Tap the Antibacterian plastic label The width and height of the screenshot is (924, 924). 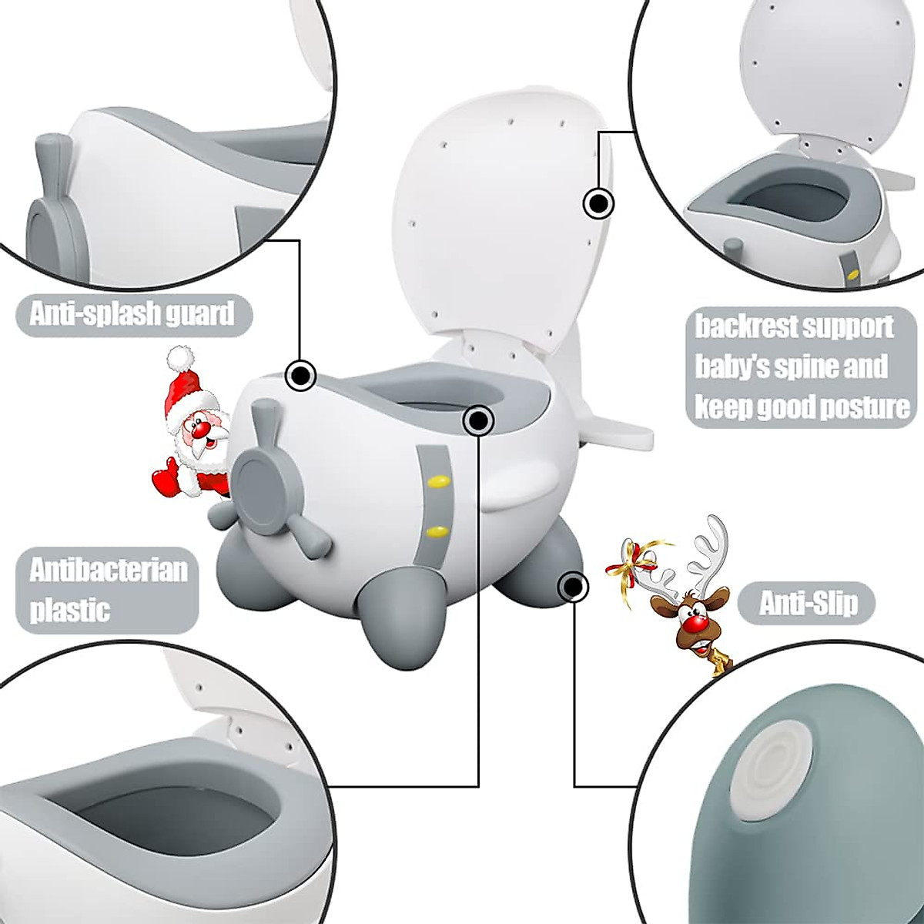pos(108,591)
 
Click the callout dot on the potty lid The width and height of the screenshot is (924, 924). pos(598,205)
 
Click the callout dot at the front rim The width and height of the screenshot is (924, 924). pos(300,376)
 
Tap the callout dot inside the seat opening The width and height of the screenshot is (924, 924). pos(478,420)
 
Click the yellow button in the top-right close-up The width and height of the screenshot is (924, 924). pos(852,272)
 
